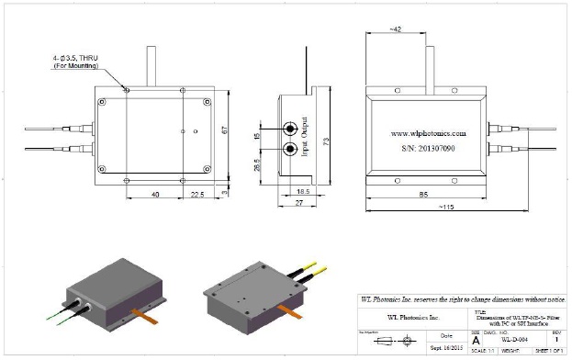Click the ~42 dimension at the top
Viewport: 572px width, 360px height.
click(x=396, y=29)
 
